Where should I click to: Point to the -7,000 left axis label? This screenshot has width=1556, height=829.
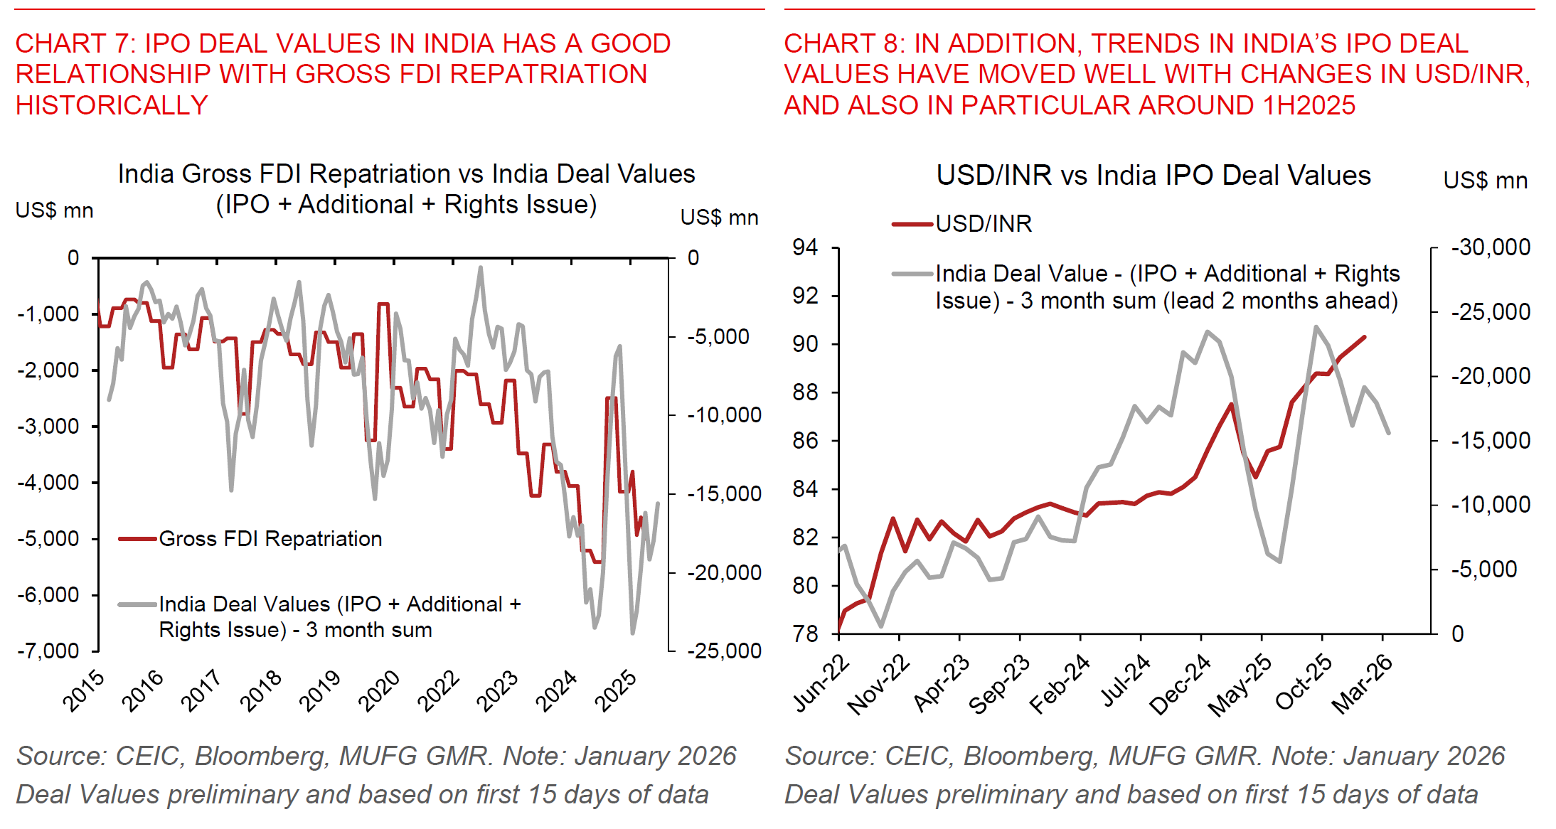tap(48, 651)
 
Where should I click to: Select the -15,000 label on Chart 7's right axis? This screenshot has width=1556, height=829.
tap(723, 493)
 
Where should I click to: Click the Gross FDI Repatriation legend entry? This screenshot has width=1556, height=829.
tap(270, 539)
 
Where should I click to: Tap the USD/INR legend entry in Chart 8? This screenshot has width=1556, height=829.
tap(983, 224)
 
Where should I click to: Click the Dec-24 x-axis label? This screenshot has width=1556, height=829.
tap(1181, 684)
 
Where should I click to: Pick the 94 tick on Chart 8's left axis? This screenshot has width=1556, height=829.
tap(806, 247)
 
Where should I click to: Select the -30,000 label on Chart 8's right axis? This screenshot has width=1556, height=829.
tap(1490, 247)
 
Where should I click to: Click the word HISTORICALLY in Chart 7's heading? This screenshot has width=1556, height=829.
tap(112, 105)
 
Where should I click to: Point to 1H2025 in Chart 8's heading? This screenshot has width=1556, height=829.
tap(1309, 105)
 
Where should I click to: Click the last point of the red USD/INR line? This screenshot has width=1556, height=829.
tap(1365, 337)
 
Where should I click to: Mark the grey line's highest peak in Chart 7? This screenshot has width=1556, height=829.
tap(481, 268)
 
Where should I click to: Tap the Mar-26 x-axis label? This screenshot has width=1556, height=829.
tap(1363, 684)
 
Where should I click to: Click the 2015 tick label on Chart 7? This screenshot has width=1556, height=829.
tap(85, 690)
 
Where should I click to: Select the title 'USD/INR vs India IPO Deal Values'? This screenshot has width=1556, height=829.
tap(1153, 176)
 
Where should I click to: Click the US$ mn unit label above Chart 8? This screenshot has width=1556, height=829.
tap(1485, 181)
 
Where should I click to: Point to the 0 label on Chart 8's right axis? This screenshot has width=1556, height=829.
tap(1457, 633)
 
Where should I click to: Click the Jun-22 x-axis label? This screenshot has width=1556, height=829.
tap(821, 684)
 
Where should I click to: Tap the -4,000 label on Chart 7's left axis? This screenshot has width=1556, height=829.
tap(48, 482)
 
